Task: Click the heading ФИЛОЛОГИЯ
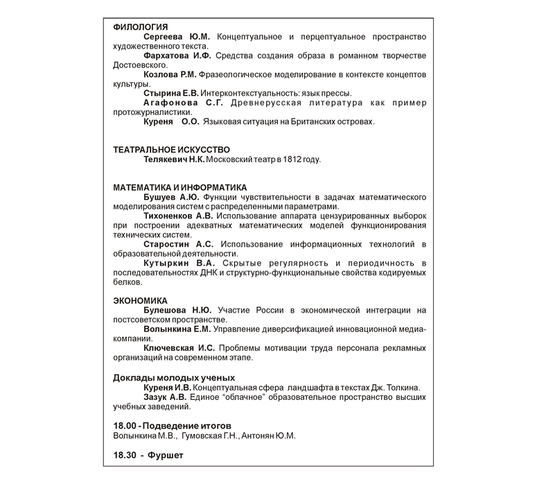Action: pos(140,27)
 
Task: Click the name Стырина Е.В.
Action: pos(170,94)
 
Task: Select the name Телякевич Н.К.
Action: pos(174,159)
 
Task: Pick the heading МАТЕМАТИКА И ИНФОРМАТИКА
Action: pos(179,187)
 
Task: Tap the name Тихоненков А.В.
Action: pos(178,216)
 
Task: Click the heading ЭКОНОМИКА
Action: pos(140,300)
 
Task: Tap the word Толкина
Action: pos(404,387)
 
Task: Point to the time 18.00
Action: pos(124,425)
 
